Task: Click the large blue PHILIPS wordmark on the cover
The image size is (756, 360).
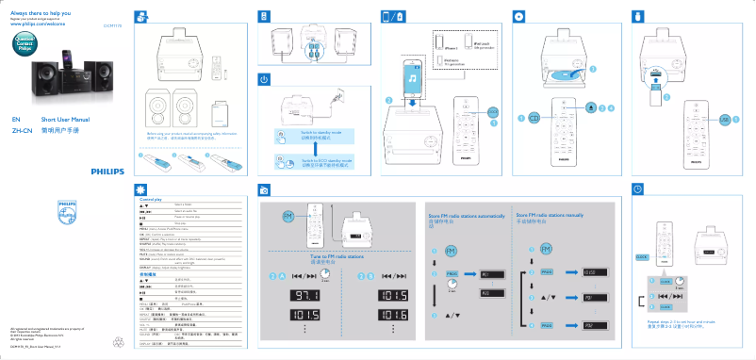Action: (x=101, y=172)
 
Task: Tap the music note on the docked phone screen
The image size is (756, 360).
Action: (x=413, y=82)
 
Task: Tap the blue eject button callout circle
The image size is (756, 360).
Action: (x=590, y=108)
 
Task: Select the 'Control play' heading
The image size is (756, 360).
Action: (x=151, y=200)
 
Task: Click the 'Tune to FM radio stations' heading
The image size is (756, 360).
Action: (x=337, y=256)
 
